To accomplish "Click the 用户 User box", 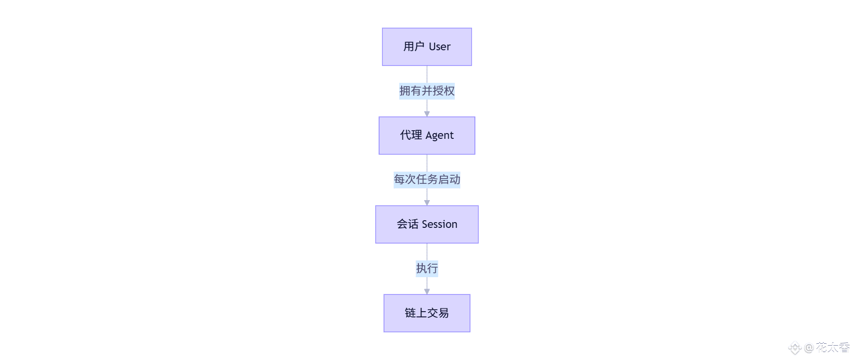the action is pos(427,47).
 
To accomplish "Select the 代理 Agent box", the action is pos(427,135).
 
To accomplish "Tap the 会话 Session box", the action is pos(427,225).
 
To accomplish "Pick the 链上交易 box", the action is pos(427,313).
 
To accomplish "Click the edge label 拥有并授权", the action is pos(427,91).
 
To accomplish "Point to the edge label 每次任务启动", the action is pos(427,180).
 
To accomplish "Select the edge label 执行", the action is pos(427,269).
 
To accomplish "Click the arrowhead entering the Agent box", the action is pos(427,114).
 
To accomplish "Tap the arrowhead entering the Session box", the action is pos(427,203).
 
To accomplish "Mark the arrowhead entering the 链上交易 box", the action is pos(427,292).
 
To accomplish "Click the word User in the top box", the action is pos(439,47).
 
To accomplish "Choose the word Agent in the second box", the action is pos(439,135).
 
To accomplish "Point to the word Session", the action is pos(439,224).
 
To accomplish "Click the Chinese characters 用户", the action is pos(414,46).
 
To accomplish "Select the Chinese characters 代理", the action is pos(411,135).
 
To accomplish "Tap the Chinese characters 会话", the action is pos(407,224).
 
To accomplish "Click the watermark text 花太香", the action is pos(833,348).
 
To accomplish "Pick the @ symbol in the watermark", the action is pos(809,348).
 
